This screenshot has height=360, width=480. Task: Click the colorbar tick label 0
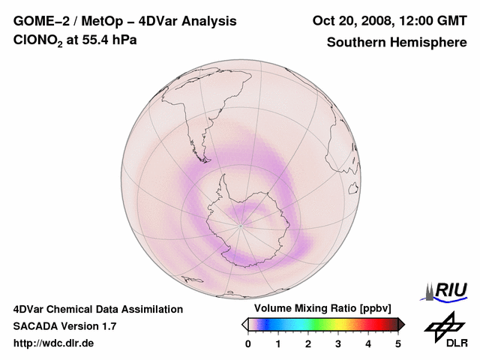coord(248,343)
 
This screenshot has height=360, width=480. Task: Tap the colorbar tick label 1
coord(278,343)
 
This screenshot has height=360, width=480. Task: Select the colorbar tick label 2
coord(308,343)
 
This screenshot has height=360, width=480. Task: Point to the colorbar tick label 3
coord(338,343)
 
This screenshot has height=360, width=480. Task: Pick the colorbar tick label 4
coord(368,343)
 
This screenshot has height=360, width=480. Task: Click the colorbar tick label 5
coord(398,343)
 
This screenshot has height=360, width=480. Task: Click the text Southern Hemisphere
coord(397,42)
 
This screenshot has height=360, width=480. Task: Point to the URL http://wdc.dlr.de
coord(54,343)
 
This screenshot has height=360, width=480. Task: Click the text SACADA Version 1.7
coord(64,326)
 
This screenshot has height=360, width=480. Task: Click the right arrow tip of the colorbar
coord(403,324)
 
